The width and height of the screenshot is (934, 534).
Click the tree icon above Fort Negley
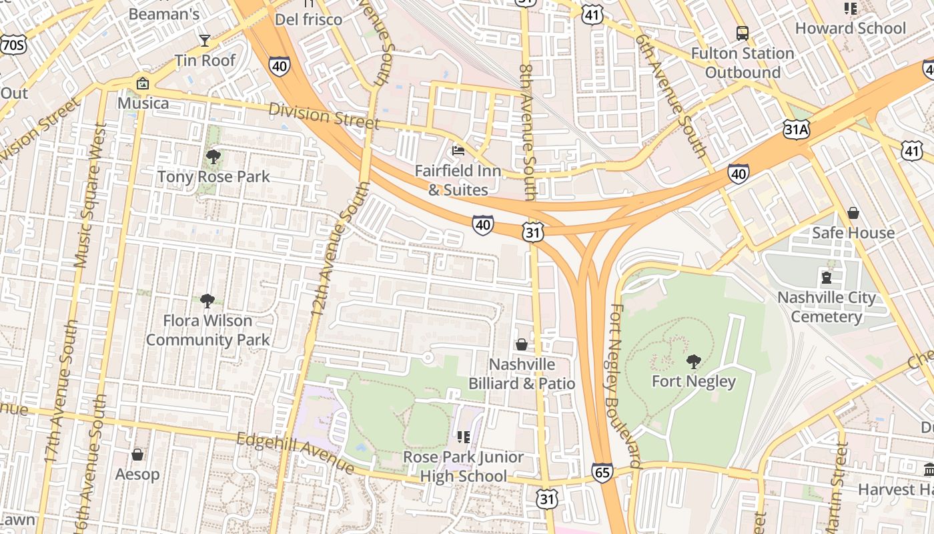[694, 362]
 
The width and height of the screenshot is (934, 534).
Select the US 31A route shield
[796, 129]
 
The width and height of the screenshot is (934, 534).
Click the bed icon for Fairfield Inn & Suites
[458, 150]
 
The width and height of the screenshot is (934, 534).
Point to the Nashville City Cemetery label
[827, 307]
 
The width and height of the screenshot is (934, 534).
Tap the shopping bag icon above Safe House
[853, 213]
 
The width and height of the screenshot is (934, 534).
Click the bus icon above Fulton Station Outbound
[742, 33]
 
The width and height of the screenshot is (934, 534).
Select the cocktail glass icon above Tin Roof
[205, 41]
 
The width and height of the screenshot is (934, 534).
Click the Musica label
[143, 103]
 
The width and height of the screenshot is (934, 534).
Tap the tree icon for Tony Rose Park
[213, 157]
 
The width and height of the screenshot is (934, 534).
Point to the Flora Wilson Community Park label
[207, 330]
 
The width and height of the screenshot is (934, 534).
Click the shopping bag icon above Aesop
[137, 455]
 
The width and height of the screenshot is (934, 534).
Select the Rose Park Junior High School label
[464, 467]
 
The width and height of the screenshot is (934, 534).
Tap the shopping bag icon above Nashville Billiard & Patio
[522, 344]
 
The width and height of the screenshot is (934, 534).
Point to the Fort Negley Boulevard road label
[624, 387]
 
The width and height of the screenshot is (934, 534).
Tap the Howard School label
[851, 28]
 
